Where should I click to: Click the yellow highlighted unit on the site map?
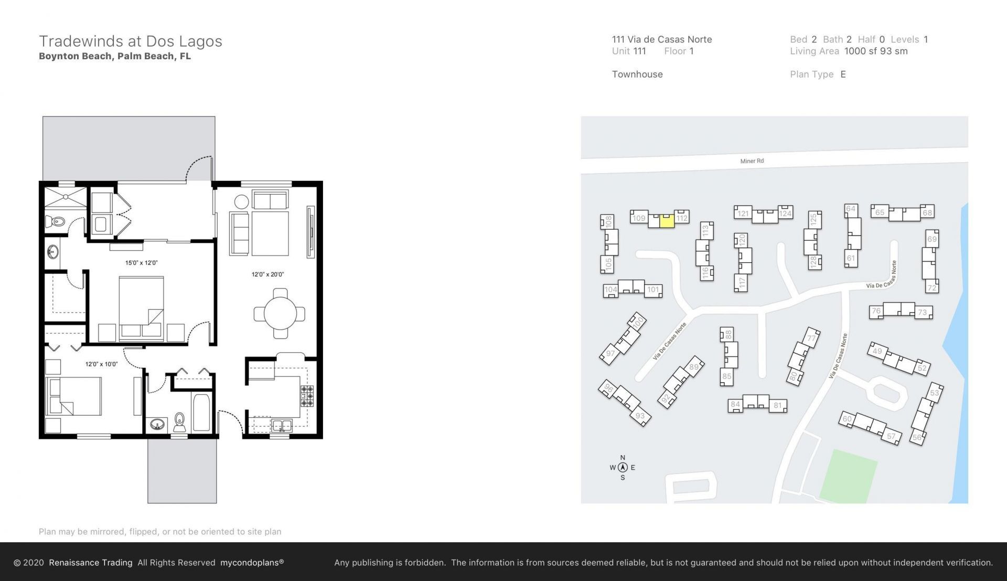tap(666, 221)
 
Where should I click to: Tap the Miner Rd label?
tap(752, 161)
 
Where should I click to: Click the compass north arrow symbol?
tap(623, 467)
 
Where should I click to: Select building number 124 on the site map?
tap(785, 213)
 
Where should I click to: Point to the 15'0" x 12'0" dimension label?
tap(141, 263)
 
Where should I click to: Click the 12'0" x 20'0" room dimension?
tap(267, 274)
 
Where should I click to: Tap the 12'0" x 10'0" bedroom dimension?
tap(101, 364)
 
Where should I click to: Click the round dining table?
tap(280, 314)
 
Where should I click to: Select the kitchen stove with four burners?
tap(307, 396)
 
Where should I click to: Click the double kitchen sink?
tap(282, 425)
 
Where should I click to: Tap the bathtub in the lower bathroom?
tap(201, 413)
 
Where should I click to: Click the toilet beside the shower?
tap(55, 222)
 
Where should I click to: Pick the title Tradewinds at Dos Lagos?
tap(131, 41)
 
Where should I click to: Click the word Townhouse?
tap(637, 74)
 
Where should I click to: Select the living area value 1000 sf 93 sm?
tap(875, 51)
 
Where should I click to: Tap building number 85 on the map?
tap(726, 376)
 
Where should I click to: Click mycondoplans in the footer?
tap(252, 563)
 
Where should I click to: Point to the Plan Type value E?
tap(843, 74)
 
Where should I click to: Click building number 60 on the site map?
tap(847, 418)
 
